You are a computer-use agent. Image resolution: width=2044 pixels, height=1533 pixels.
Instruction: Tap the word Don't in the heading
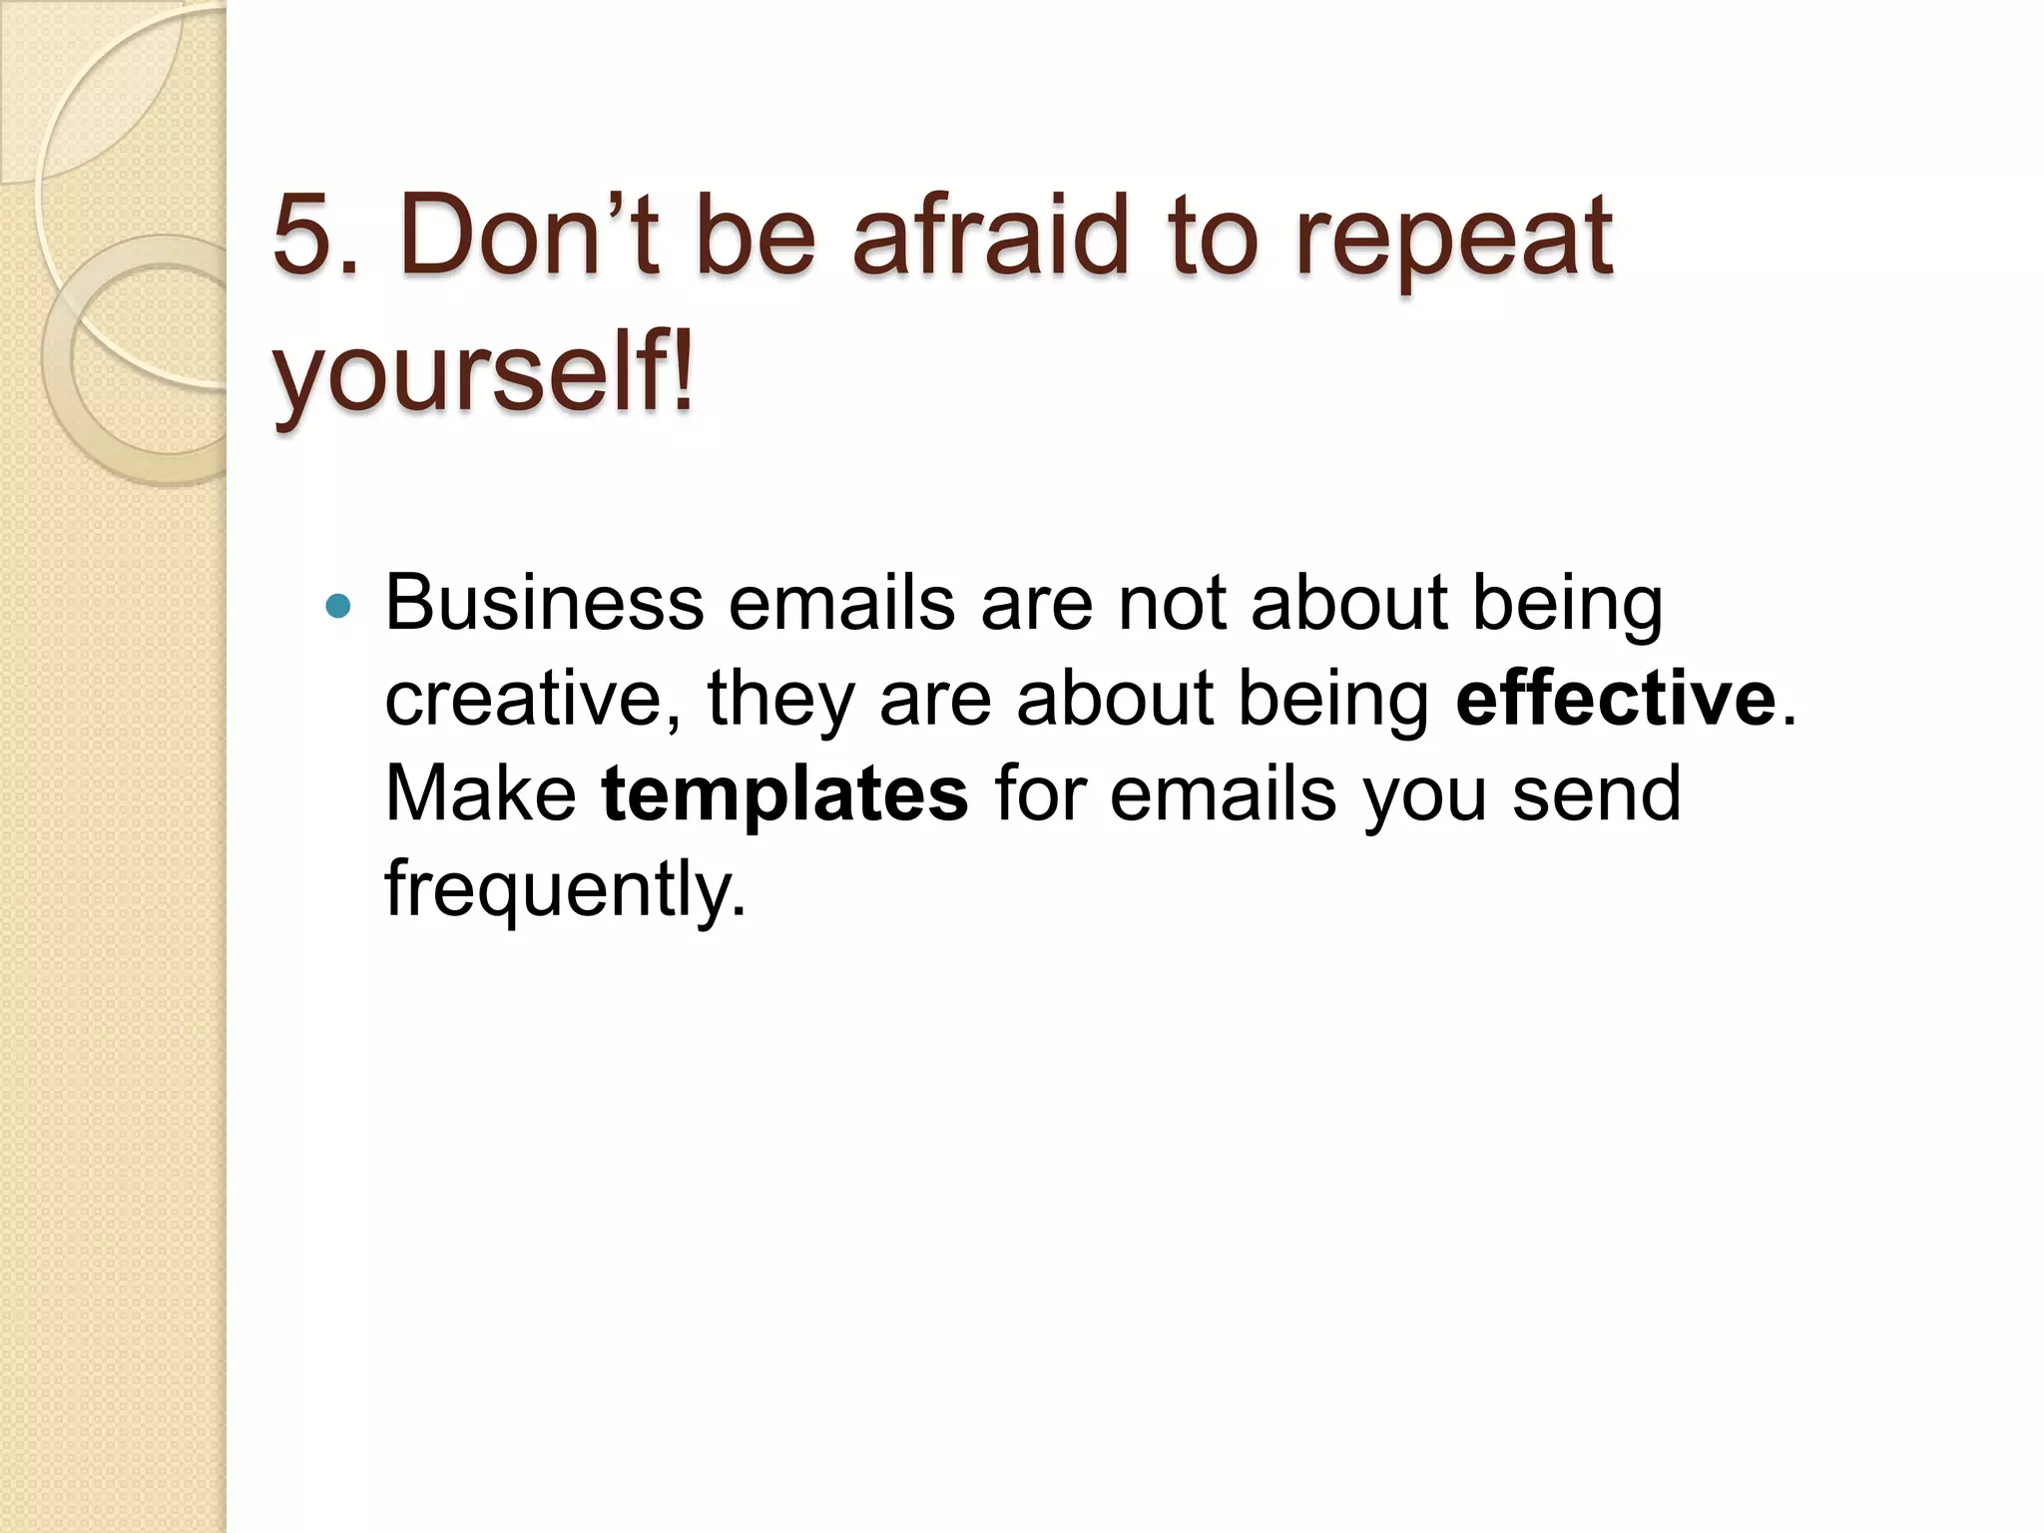coord(528,236)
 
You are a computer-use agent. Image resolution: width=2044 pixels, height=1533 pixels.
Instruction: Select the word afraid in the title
coord(989,236)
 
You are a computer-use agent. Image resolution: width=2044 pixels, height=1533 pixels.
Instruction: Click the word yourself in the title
coord(464,375)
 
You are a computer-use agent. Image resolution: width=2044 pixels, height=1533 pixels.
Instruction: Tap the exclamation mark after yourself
coord(681,373)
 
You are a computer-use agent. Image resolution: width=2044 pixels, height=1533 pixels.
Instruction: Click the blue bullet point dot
coord(338,606)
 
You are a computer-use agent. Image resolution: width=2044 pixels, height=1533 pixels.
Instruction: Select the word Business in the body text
coord(544,603)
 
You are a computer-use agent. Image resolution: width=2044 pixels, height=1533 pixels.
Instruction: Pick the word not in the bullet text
coord(1170,603)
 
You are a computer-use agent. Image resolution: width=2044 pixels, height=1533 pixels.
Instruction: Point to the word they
coord(780,699)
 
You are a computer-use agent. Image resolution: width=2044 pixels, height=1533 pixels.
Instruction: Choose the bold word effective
coord(1616,698)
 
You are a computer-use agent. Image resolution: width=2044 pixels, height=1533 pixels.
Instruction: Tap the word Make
coord(480,793)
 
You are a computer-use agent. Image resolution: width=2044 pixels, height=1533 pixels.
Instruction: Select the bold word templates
coord(784,794)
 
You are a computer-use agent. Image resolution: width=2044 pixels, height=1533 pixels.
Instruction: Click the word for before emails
coord(1038,793)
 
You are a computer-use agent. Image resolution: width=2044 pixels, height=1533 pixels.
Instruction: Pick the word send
coord(1597,793)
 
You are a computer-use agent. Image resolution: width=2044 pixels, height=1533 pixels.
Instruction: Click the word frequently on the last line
coord(564,888)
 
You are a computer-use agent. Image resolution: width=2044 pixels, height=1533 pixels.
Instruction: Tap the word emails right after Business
coord(841,603)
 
